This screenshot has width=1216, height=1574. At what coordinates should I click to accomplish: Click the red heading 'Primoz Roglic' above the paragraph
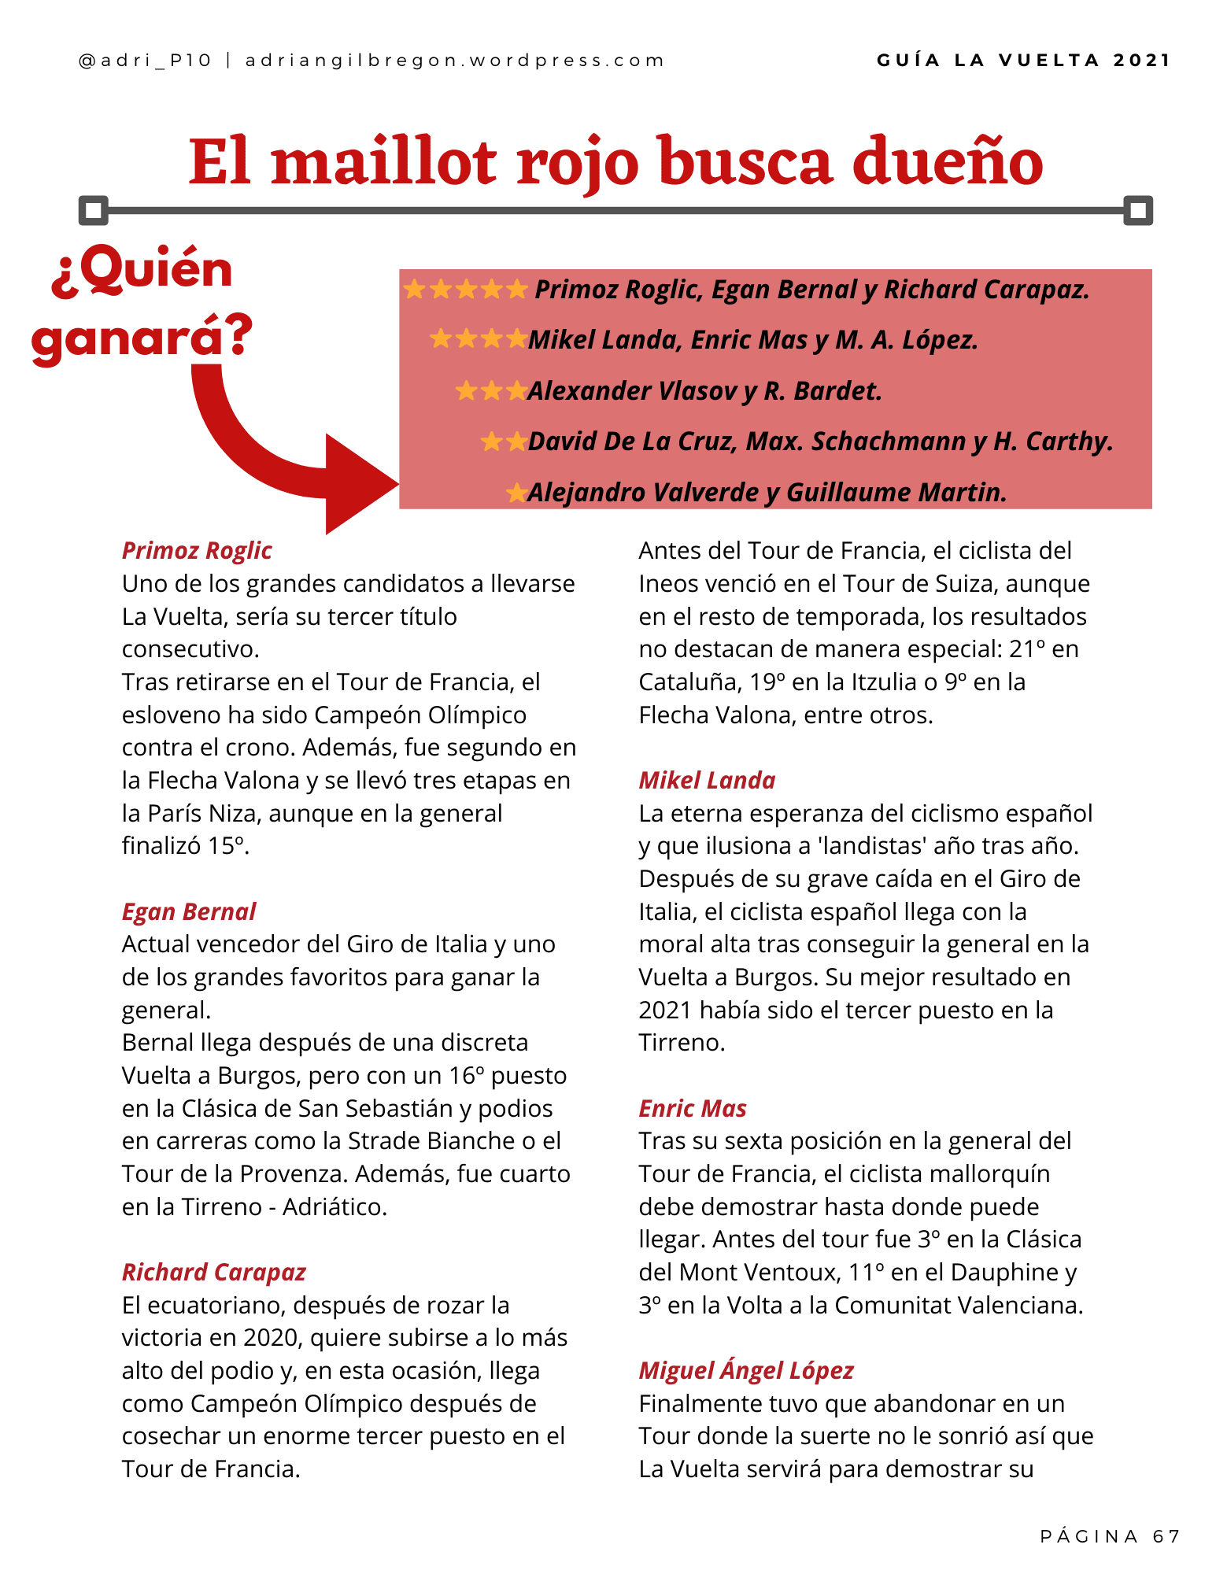[197, 551]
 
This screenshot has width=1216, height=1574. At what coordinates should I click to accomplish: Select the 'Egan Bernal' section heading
[189, 911]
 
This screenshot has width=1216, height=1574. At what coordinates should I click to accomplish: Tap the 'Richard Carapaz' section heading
[213, 1272]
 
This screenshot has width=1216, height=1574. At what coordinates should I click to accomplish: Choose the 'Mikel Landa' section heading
[707, 780]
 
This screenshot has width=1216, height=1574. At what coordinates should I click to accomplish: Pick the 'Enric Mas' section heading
[693, 1108]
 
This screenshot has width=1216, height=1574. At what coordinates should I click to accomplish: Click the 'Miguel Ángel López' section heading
[746, 1370]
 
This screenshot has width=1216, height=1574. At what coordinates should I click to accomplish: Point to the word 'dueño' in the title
[948, 162]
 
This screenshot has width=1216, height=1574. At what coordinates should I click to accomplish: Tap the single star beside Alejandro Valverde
[516, 493]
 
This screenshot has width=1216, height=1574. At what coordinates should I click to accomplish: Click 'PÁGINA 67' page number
[1110, 1536]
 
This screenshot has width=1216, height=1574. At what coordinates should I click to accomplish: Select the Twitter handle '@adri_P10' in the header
[146, 61]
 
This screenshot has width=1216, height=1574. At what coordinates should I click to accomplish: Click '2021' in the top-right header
[1142, 61]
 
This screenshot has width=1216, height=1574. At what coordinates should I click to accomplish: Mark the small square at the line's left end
[94, 210]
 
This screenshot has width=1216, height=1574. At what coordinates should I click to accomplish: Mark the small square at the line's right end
[1138, 210]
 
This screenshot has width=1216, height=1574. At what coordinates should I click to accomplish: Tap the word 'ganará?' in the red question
[142, 337]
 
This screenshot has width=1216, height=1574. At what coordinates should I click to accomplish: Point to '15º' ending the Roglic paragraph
[227, 846]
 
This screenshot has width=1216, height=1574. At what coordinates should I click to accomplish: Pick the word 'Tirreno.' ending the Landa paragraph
[682, 1043]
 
